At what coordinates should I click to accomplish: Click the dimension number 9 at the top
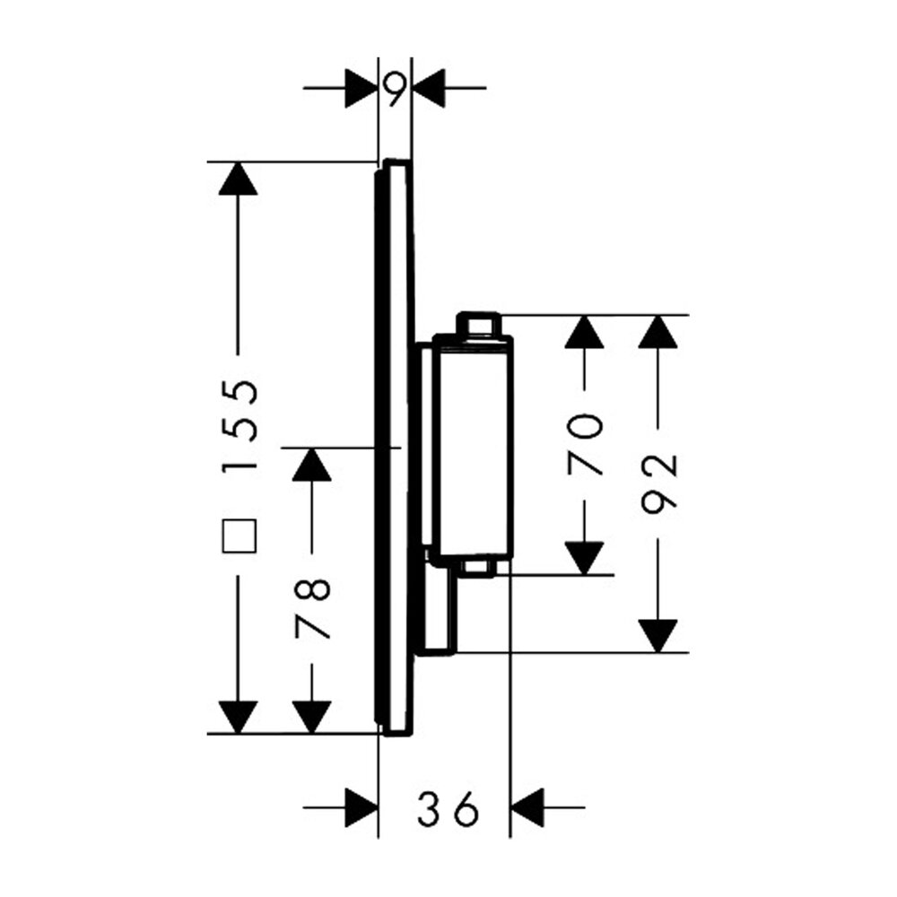pyautogui.click(x=396, y=90)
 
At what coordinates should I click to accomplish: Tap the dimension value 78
pyautogui.click(x=313, y=609)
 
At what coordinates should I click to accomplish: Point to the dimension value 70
pyautogui.click(x=585, y=445)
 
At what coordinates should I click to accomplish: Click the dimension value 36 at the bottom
pyautogui.click(x=448, y=808)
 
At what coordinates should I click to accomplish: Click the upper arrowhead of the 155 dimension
pyautogui.click(x=238, y=179)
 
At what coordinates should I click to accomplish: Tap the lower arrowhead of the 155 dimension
pyautogui.click(x=238, y=717)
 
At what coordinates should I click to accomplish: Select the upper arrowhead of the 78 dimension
pyautogui.click(x=312, y=464)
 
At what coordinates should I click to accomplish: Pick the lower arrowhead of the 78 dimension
pyautogui.click(x=312, y=717)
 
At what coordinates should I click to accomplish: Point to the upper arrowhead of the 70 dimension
pyautogui.click(x=584, y=331)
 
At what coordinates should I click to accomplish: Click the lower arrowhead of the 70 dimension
pyautogui.click(x=584, y=558)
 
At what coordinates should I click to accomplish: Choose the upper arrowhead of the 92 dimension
pyautogui.click(x=658, y=331)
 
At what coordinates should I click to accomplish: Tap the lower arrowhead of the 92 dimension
pyautogui.click(x=658, y=636)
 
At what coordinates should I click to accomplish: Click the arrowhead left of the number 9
pyautogui.click(x=361, y=88)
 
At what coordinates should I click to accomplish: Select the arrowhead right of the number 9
pyautogui.click(x=429, y=88)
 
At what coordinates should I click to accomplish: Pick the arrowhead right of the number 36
pyautogui.click(x=527, y=807)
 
